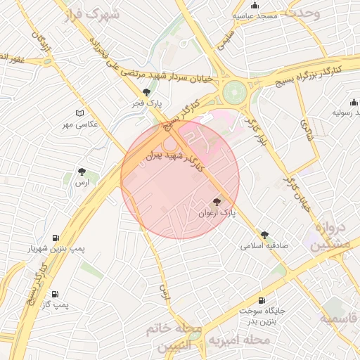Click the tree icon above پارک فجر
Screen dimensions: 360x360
click(146, 92)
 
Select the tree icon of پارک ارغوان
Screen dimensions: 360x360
click(216, 202)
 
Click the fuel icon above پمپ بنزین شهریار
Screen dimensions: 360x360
click(56, 238)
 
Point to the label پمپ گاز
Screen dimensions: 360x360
click(54, 304)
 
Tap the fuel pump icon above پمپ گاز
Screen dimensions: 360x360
click(55, 294)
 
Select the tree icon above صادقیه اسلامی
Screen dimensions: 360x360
click(264, 235)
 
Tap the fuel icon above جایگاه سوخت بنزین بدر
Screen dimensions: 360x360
click(262, 300)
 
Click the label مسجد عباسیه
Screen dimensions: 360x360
click(260, 15)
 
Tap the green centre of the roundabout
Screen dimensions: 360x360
click(235, 91)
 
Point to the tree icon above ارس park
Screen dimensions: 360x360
click(82, 171)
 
